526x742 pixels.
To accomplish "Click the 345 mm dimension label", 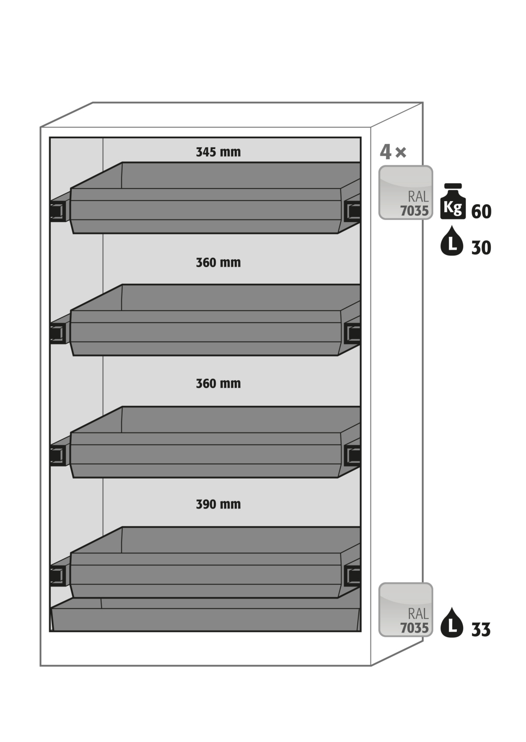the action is pos(218,152).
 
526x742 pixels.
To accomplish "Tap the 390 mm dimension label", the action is pos(218,504).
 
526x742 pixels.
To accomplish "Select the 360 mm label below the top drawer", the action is pos(218,263).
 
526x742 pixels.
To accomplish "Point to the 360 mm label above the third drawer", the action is pos(218,384).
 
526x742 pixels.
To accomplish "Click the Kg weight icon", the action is pos(453,201).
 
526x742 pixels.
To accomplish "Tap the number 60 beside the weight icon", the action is pos(481,212).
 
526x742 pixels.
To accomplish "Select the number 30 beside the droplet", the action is pos(481,248).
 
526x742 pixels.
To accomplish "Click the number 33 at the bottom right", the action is pos(480,630).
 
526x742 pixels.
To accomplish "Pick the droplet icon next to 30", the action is pos(452,241).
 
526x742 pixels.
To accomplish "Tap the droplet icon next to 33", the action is pos(452,623).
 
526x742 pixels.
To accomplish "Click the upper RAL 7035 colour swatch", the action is pos(406,193).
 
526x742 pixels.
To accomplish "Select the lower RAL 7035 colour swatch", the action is pos(406,610).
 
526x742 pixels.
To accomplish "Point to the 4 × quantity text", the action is pos(393,152).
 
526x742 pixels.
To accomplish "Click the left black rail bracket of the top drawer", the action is pos(58,211).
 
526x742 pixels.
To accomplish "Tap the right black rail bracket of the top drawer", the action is pos(352,211).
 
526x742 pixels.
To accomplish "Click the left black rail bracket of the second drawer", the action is pos(58,333).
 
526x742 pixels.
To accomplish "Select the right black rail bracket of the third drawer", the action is pos(352,456).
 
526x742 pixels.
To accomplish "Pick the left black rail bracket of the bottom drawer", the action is pos(58,576).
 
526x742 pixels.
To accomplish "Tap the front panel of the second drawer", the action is pos(205,333).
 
